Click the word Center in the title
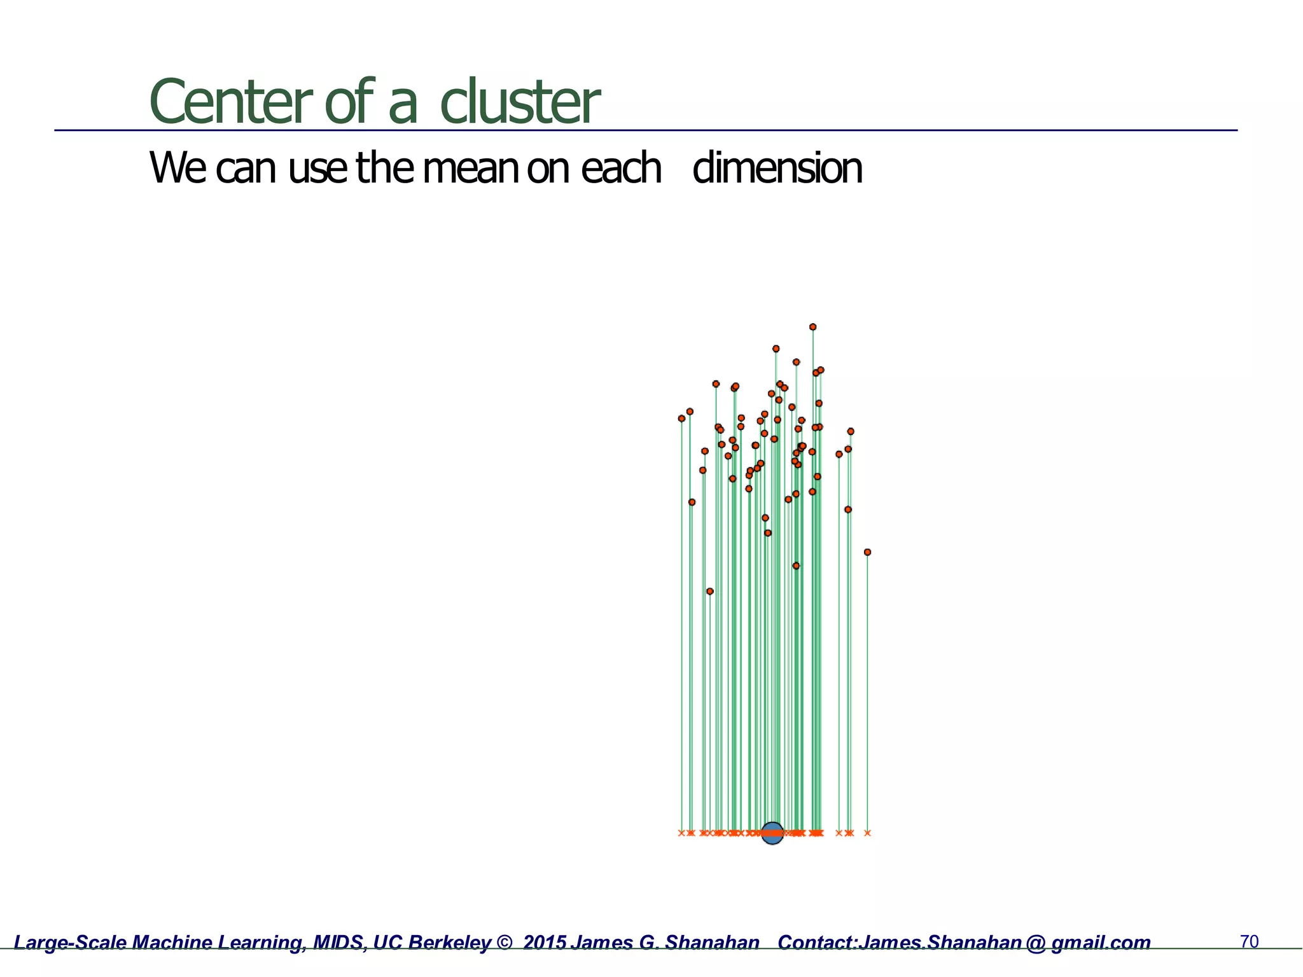pyautogui.click(x=230, y=102)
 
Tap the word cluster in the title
pyautogui.click(x=519, y=102)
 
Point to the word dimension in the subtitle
pyautogui.click(x=777, y=168)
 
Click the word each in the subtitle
pyautogui.click(x=621, y=168)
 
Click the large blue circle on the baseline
pyautogui.click(x=772, y=833)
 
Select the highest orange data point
pyautogui.click(x=812, y=327)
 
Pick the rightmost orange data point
pyautogui.click(x=867, y=552)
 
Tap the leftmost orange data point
pyautogui.click(x=681, y=419)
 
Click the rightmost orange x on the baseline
pyautogui.click(x=867, y=833)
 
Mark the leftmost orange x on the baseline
pyautogui.click(x=681, y=833)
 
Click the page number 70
pyautogui.click(x=1249, y=941)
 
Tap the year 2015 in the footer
pyautogui.click(x=544, y=943)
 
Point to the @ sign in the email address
pyautogui.click(x=1036, y=943)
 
